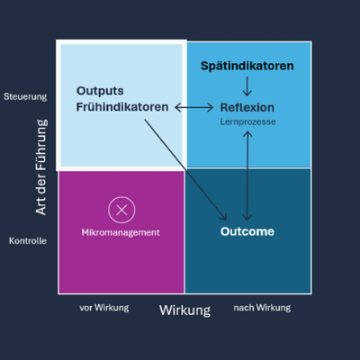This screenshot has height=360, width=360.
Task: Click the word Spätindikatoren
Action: pos(247,67)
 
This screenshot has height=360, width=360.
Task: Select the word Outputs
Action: pos(100,91)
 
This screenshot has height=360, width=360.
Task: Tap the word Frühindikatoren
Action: pos(122,107)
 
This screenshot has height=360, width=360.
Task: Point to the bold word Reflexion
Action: pos(247,108)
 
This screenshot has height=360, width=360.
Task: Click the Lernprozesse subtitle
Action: pos(247,121)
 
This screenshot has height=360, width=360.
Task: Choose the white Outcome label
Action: pos(247,231)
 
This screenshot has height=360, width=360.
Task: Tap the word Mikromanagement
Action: pos(121,233)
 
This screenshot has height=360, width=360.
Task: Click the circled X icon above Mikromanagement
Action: pos(121,210)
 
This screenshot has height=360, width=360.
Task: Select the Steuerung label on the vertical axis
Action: pos(25,97)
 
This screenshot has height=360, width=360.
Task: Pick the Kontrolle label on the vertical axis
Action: pos(28,241)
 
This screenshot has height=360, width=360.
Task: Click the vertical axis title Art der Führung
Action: pos(41,167)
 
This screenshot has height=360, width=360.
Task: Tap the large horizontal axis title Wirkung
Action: pos(184,310)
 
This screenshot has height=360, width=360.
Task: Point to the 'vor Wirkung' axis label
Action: pos(104,308)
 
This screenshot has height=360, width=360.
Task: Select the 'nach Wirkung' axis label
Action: pos(262,308)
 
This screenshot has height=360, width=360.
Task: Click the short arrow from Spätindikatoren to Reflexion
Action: pos(247,86)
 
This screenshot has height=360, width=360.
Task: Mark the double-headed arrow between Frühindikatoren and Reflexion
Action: pos(194,107)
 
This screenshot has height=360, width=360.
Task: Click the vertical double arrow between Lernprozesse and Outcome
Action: pos(247,175)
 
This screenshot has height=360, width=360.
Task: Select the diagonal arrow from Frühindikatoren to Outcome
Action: pos(185,169)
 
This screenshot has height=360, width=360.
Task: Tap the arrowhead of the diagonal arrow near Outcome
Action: pos(224,217)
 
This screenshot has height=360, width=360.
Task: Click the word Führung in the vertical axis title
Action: pos(41,145)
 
